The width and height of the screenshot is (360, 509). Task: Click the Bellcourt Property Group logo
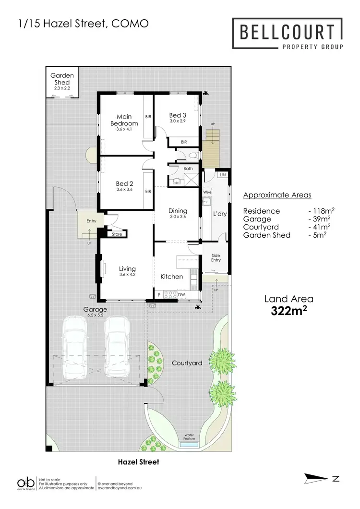pos(288,33)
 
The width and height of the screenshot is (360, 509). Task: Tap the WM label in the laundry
pos(207,192)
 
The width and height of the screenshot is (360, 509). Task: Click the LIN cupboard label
pos(222,175)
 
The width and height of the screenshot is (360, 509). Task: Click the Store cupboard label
pos(117,234)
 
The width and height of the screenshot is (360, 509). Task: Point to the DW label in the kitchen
pos(181,295)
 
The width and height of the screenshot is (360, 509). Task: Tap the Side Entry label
pos(216,257)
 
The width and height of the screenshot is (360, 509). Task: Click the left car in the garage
pos(75,347)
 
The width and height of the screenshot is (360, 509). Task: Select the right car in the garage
pos(117,347)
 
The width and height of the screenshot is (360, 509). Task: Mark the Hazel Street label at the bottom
pos(138,462)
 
